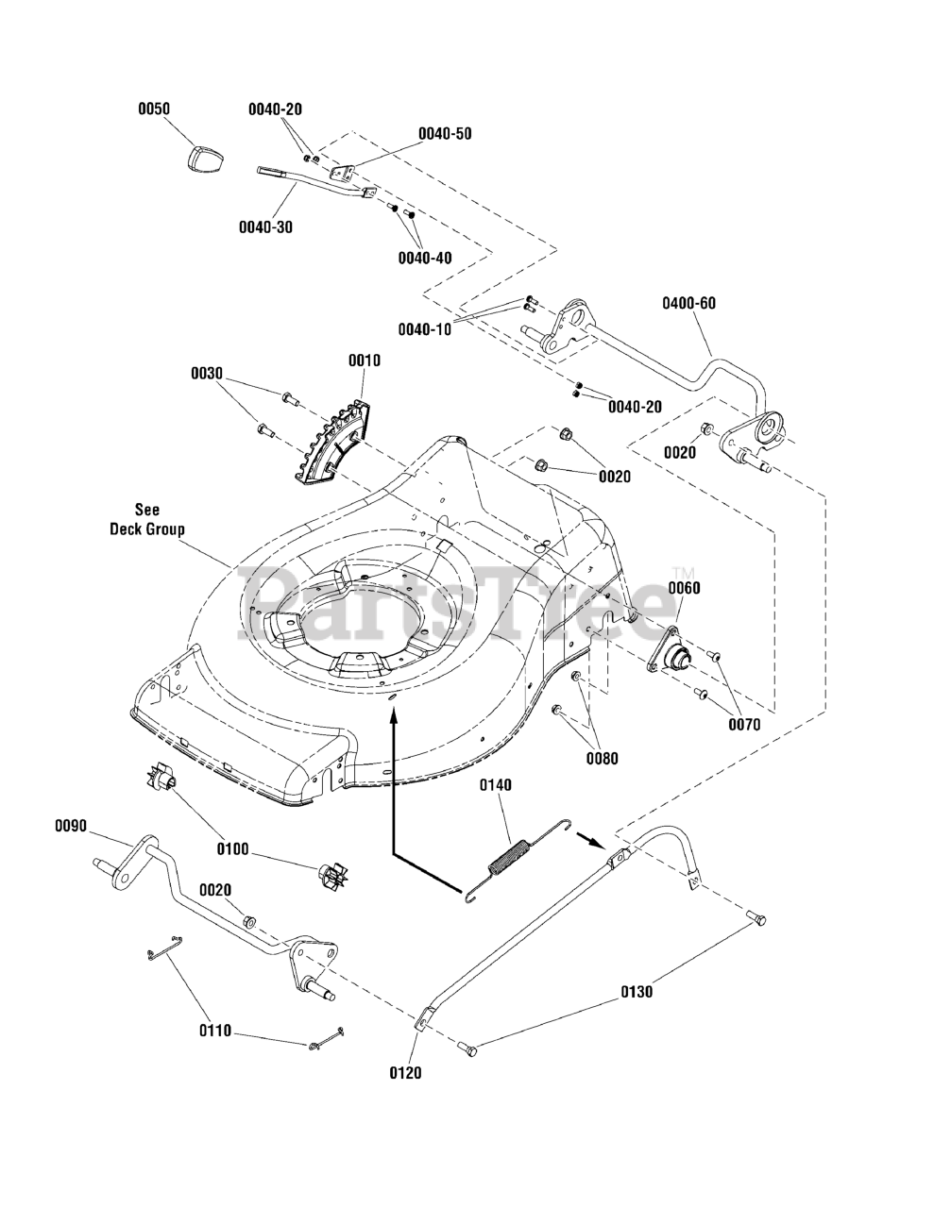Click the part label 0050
click(x=154, y=109)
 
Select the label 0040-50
click(x=445, y=133)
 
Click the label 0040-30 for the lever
click(x=265, y=227)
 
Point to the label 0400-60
click(x=688, y=303)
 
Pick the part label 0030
click(x=207, y=374)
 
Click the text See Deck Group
click(x=146, y=520)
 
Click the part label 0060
click(x=685, y=588)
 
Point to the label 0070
click(x=744, y=726)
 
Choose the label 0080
click(x=603, y=758)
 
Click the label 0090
click(x=71, y=826)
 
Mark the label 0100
click(x=233, y=849)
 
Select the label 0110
click(x=214, y=1033)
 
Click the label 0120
click(x=406, y=1072)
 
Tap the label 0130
click(x=637, y=992)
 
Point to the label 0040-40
click(x=424, y=258)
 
